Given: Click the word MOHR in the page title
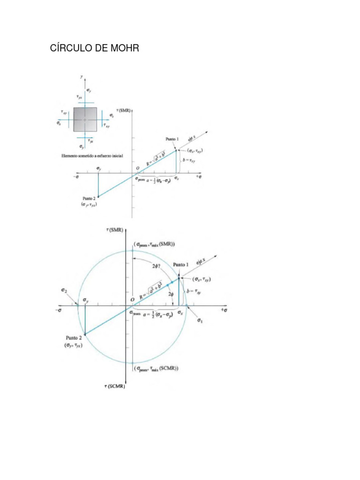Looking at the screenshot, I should tap(120, 49).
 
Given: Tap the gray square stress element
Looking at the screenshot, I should tap(85, 120).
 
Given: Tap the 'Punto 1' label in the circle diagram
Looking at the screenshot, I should tap(180, 264).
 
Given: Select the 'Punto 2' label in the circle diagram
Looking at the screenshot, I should tap(75, 337).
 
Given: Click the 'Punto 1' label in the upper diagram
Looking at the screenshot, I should tap(174, 139).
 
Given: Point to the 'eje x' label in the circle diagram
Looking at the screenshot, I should tap(203, 261).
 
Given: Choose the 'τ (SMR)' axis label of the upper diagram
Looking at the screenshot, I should tap(125, 111).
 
